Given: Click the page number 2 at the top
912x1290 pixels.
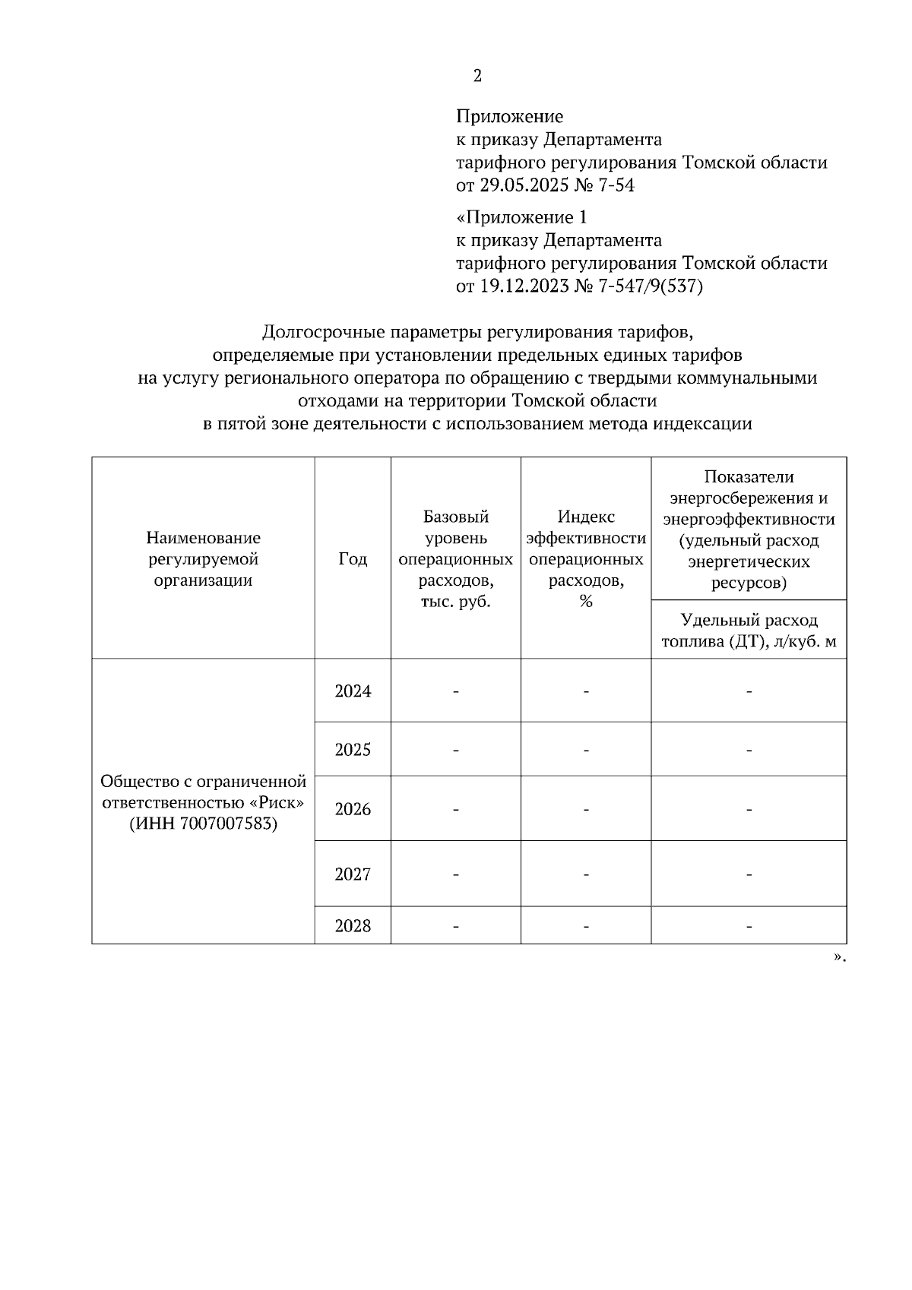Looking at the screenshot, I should pyautogui.click(x=477, y=76).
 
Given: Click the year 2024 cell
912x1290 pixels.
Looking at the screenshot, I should pyautogui.click(x=353, y=691).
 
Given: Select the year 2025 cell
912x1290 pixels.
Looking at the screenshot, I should pyautogui.click(x=353, y=750).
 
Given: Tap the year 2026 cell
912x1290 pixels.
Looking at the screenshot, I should pyautogui.click(x=353, y=809).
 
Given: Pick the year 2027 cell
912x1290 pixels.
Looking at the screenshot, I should pyautogui.click(x=353, y=874).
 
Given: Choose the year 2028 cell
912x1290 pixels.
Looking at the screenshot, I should pyautogui.click(x=353, y=926).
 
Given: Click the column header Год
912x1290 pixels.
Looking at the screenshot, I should pyautogui.click(x=353, y=559).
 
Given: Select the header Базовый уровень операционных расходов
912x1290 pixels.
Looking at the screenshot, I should pyautogui.click(x=455, y=559).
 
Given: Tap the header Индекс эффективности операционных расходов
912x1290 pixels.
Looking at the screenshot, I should pyautogui.click(x=586, y=559).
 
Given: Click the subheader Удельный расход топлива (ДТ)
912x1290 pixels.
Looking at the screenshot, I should pyautogui.click(x=749, y=631).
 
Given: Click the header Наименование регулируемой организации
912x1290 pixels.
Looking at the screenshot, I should pyautogui.click(x=203, y=559).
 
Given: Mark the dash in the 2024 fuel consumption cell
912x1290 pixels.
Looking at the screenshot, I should pyautogui.click(x=749, y=691).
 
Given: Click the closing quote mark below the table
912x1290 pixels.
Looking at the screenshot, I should pyautogui.click(x=838, y=957).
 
